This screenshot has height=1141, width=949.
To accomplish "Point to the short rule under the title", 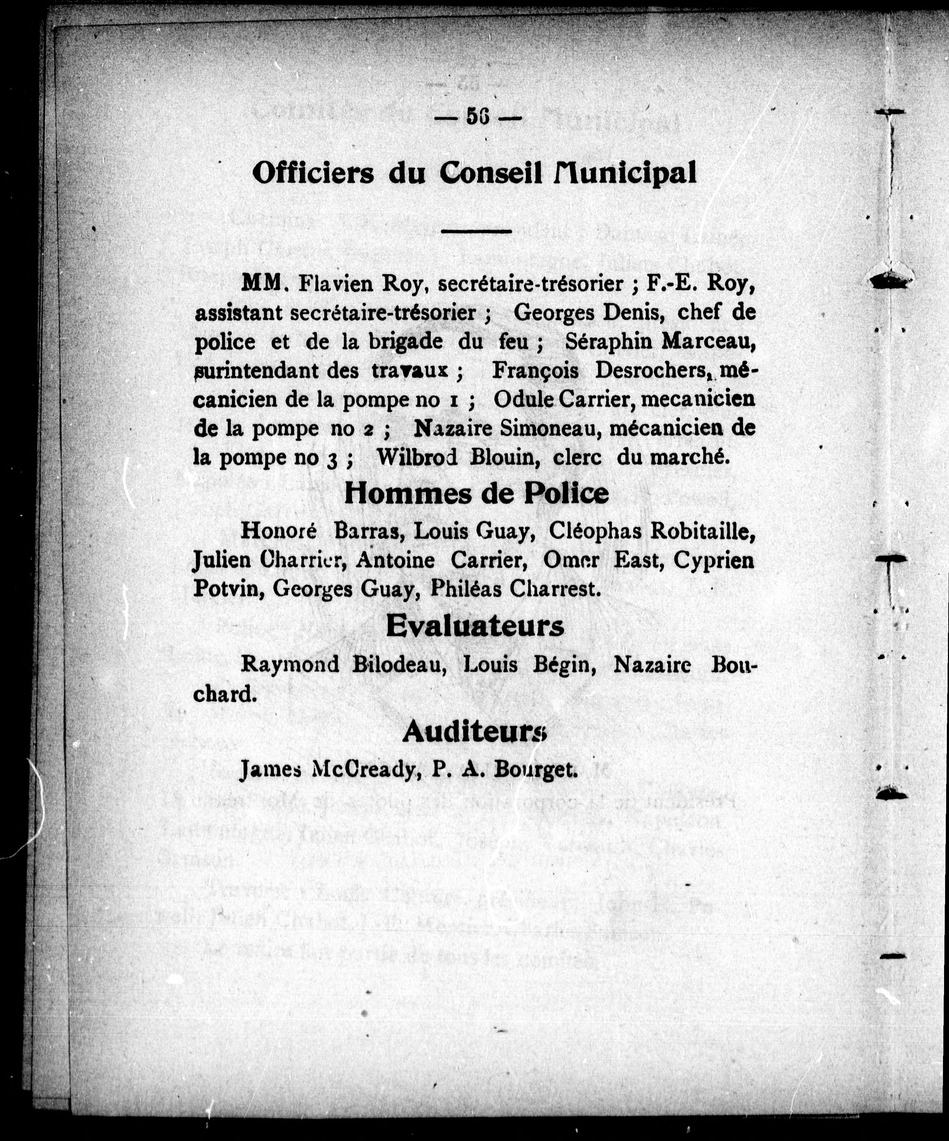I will (x=476, y=232).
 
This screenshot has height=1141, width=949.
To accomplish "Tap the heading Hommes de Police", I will (x=476, y=493).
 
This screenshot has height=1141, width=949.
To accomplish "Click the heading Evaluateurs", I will (x=475, y=627).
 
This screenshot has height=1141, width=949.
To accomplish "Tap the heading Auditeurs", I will (x=474, y=733).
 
